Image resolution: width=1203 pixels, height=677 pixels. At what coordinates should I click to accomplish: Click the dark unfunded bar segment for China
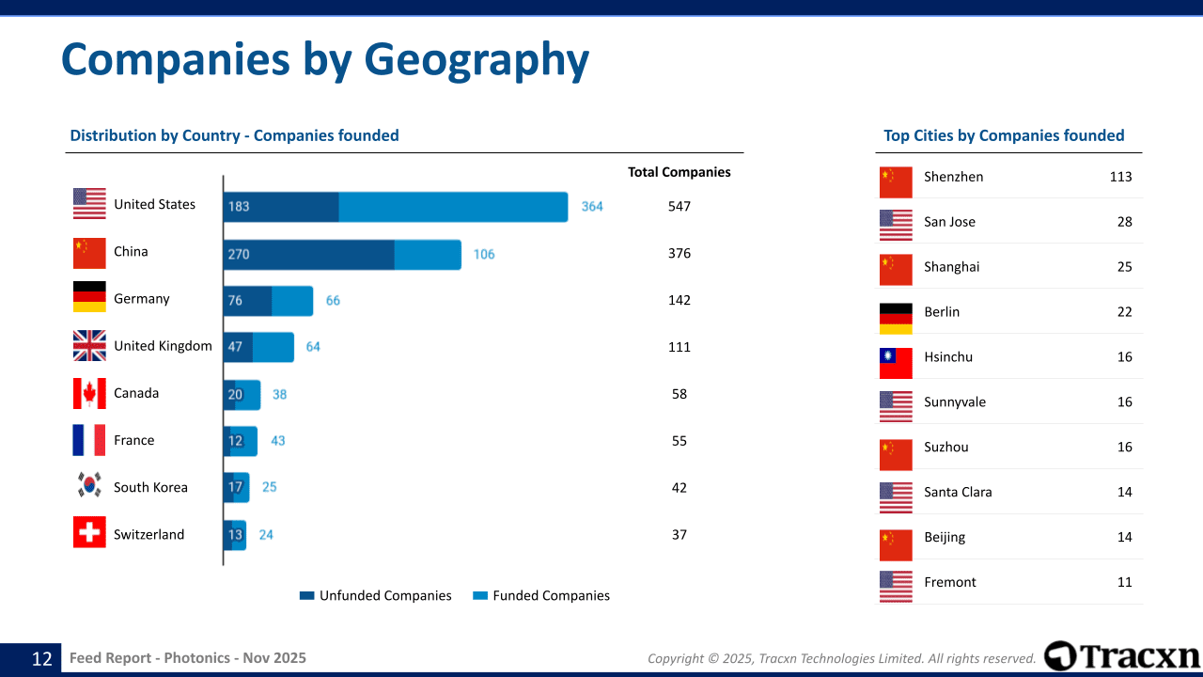[309, 255]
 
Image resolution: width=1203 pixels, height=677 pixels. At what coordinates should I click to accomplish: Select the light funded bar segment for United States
[453, 207]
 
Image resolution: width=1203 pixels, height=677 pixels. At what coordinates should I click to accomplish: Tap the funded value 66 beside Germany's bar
[333, 300]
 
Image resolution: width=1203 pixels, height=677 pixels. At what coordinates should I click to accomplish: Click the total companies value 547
[680, 206]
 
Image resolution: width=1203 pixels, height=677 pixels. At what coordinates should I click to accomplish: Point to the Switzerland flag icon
[89, 532]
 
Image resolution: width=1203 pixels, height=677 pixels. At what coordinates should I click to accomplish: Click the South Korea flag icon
[89, 484]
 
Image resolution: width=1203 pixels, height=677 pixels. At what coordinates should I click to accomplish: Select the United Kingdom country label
[163, 346]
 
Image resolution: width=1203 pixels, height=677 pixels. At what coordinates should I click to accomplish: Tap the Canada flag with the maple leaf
[89, 393]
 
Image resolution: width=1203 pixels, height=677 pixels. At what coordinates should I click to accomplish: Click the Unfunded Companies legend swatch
[306, 595]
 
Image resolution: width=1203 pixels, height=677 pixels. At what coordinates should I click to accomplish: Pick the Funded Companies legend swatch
[480, 595]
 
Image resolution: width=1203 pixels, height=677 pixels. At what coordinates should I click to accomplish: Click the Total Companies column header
[680, 172]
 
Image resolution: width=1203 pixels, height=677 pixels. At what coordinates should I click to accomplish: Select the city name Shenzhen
[953, 177]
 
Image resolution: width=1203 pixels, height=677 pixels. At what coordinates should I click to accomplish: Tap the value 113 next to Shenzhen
[1121, 177]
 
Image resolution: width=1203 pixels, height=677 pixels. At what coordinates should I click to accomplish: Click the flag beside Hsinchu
[896, 363]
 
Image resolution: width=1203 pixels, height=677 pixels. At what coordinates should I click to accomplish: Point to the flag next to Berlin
[896, 318]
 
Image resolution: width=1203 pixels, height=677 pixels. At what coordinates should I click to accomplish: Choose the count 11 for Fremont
[1125, 582]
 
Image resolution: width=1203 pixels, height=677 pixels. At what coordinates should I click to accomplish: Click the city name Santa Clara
[958, 492]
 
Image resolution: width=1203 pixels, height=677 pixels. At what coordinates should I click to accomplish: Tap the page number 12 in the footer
[42, 659]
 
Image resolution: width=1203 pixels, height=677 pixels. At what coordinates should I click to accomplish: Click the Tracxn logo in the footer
[1121, 656]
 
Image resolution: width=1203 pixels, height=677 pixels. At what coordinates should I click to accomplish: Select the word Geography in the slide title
[477, 60]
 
